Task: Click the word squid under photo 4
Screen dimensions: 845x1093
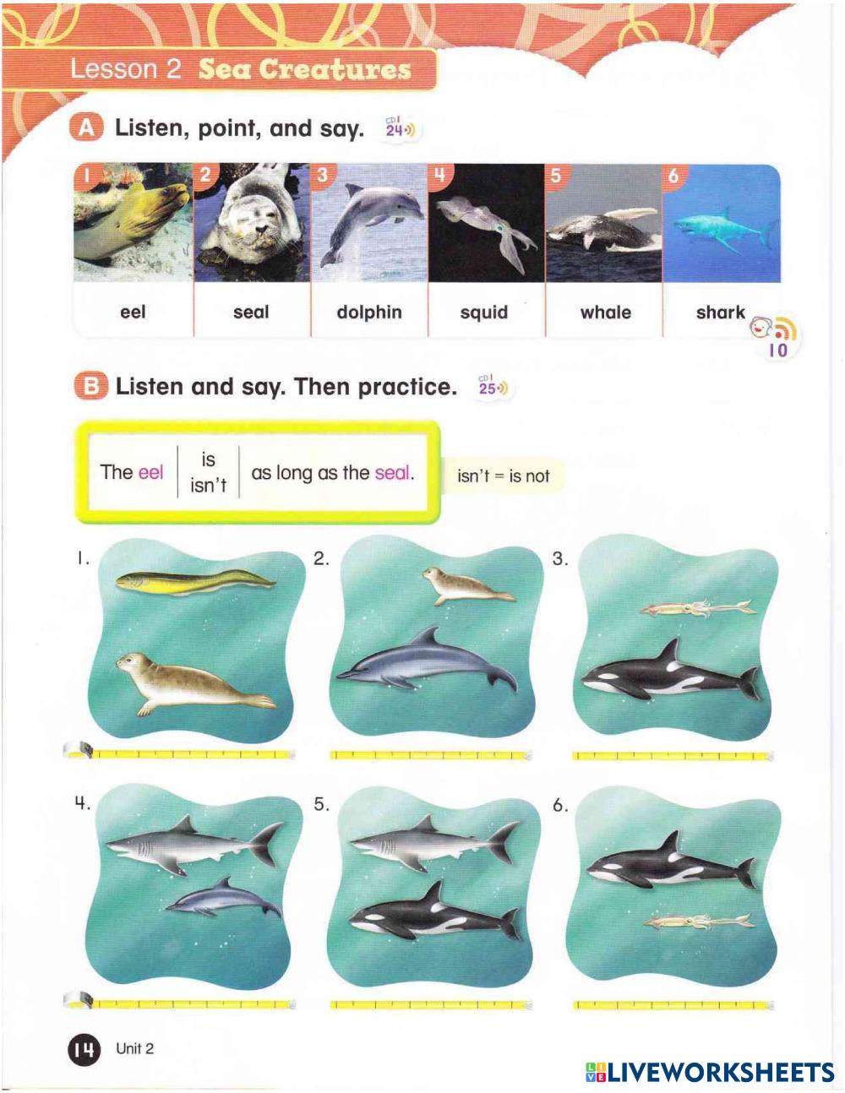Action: [484, 313]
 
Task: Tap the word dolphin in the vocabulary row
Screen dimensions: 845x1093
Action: [369, 312]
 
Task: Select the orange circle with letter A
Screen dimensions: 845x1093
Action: [86, 128]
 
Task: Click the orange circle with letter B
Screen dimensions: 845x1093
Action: [91, 386]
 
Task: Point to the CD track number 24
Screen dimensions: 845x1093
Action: [394, 130]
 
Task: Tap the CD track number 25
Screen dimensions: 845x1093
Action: [487, 389]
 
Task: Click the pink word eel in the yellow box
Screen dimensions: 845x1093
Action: [151, 472]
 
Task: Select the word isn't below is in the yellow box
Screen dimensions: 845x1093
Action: [208, 487]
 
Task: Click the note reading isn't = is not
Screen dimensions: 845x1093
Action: [503, 476]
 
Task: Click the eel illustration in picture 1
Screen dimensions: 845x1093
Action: [195, 583]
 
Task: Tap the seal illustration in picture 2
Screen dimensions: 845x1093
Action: [466, 586]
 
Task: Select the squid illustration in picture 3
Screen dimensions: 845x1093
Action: [698, 608]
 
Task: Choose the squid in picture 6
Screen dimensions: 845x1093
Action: [699, 922]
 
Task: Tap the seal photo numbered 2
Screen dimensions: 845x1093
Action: [252, 222]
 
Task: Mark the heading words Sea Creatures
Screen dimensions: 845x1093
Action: [305, 68]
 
